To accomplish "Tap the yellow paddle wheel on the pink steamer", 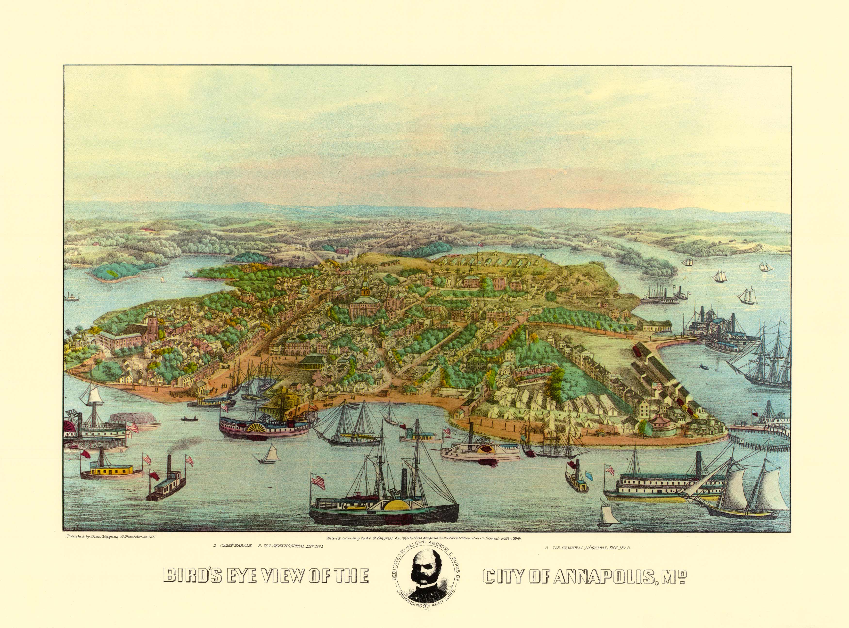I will [259, 427].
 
